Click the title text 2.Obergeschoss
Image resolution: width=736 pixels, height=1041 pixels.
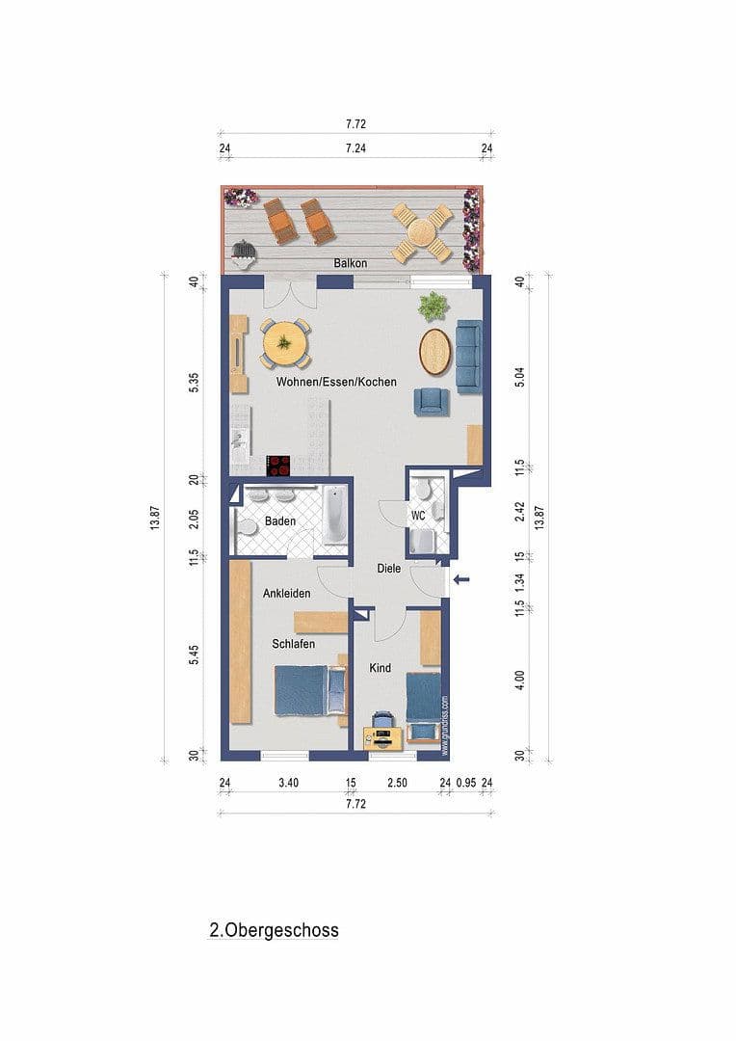coord(274,931)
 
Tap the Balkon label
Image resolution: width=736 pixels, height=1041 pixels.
coord(350,263)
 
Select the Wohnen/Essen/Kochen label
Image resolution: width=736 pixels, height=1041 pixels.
coord(336,382)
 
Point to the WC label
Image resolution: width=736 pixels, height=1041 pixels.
coord(418,516)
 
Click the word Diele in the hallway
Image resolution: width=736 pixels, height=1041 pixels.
coord(388,569)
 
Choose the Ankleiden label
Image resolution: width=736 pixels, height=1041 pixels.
coord(286,594)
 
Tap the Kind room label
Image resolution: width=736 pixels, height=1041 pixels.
coord(381,667)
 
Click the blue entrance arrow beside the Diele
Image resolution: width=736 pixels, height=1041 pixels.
coord(462,579)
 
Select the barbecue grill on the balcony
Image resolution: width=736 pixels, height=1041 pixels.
coord(245,251)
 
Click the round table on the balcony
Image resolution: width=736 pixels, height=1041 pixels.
coord(422,232)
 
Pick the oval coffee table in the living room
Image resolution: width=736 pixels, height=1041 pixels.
coord(435,352)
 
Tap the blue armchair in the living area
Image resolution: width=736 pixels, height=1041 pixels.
coord(430,400)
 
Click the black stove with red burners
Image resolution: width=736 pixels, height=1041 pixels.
coord(278,466)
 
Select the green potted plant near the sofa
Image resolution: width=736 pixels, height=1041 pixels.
coord(433,307)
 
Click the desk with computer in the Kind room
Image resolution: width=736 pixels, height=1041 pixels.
coord(383,736)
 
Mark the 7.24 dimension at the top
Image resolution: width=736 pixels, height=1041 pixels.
coord(355,148)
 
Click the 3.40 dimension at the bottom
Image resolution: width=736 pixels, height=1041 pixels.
coord(288,783)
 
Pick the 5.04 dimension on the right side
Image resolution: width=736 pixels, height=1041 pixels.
coord(520,377)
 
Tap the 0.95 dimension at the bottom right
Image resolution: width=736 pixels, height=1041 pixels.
coord(465,783)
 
